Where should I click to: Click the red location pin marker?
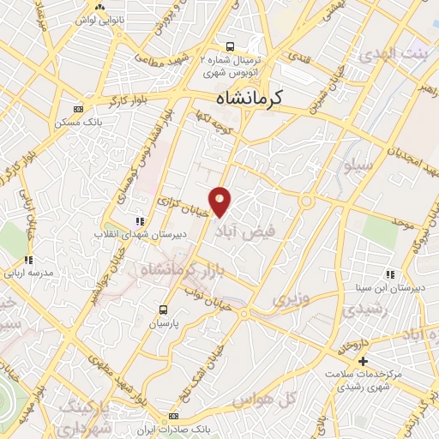[x=220, y=200]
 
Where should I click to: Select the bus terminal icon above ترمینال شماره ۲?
[x=229, y=46]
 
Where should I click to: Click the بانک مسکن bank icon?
[x=79, y=109]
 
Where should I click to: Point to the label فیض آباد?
[x=248, y=232]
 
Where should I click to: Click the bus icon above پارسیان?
[x=164, y=310]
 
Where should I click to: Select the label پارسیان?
[x=164, y=325]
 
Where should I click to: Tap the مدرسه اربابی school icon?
[x=27, y=260]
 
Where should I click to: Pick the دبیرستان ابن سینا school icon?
[x=390, y=275]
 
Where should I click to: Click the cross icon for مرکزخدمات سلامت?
[x=363, y=361]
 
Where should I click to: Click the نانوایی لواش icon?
[x=100, y=7]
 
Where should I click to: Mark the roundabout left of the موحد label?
[x=306, y=201]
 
